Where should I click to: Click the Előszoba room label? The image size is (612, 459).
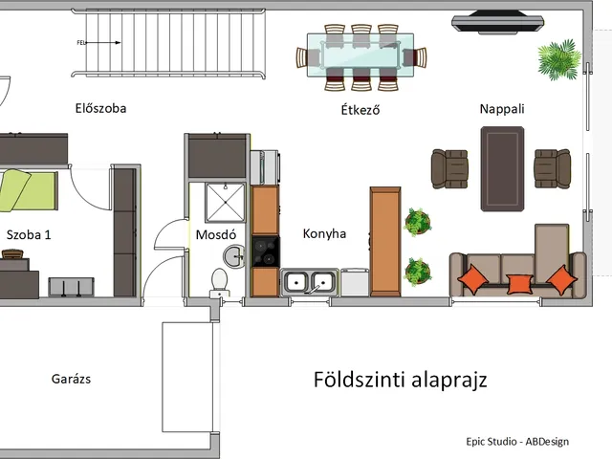pyautogui.click(x=100, y=108)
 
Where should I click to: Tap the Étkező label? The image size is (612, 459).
pyautogui.click(x=361, y=109)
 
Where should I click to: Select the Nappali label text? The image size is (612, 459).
pyautogui.click(x=502, y=109)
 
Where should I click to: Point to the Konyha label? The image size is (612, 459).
pyautogui.click(x=324, y=233)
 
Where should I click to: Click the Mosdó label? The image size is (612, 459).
pyautogui.click(x=215, y=234)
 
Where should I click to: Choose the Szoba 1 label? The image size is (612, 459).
pyautogui.click(x=30, y=234)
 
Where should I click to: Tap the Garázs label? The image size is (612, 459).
pyautogui.click(x=71, y=380)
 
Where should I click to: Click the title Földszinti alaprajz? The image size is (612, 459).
pyautogui.click(x=401, y=380)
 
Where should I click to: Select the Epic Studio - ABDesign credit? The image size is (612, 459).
pyautogui.click(x=517, y=441)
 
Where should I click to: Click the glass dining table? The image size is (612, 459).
pyautogui.click(x=361, y=54)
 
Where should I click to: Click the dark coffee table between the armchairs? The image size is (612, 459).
pyautogui.click(x=501, y=167)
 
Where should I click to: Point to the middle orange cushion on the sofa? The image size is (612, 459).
pyautogui.click(x=518, y=282)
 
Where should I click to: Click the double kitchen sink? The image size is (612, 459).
pyautogui.click(x=309, y=282)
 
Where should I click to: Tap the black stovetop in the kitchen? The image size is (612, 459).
pyautogui.click(x=265, y=251)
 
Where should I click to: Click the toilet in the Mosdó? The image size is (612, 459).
pyautogui.click(x=219, y=281)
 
